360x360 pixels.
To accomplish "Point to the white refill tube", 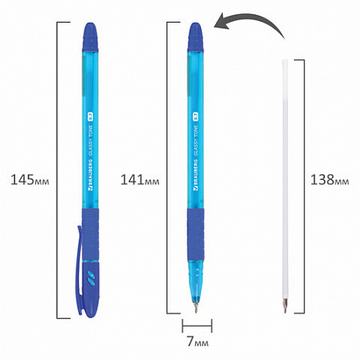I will point(286,167).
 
